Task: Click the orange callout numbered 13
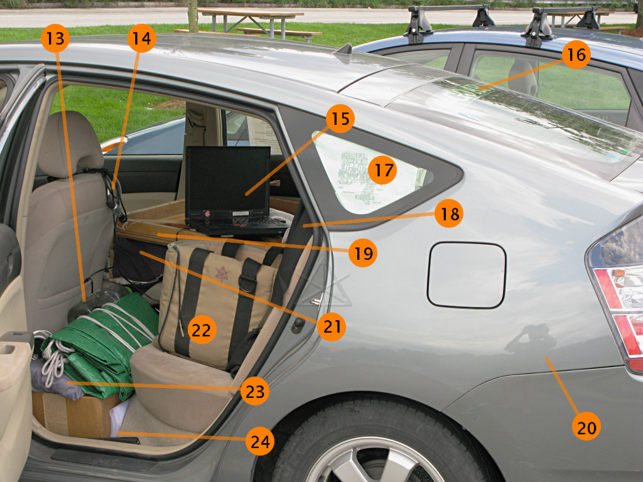click(x=55, y=38)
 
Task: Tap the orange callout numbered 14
click(x=141, y=38)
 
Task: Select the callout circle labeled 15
click(x=340, y=119)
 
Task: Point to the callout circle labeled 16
click(x=576, y=54)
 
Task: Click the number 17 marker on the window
click(x=382, y=170)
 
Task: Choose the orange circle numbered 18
click(x=448, y=213)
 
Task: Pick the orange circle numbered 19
click(x=362, y=253)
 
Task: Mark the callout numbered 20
click(x=586, y=426)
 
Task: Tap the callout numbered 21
click(x=332, y=326)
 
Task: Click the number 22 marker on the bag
click(x=202, y=329)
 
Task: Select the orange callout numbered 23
click(x=255, y=391)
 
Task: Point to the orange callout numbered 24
click(x=259, y=441)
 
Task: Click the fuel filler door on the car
click(x=467, y=275)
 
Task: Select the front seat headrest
click(x=71, y=145)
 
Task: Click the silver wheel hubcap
click(x=376, y=461)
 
